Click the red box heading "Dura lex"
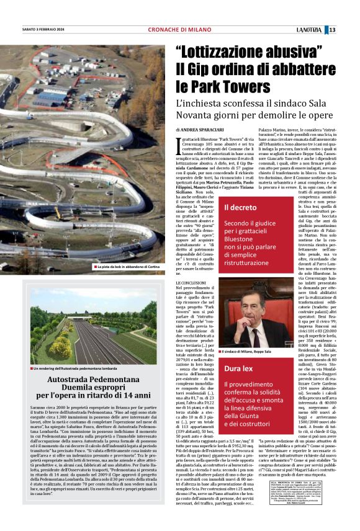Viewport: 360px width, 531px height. [x=239, y=368]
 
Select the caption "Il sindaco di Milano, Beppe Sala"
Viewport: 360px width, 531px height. [x=253, y=352]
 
